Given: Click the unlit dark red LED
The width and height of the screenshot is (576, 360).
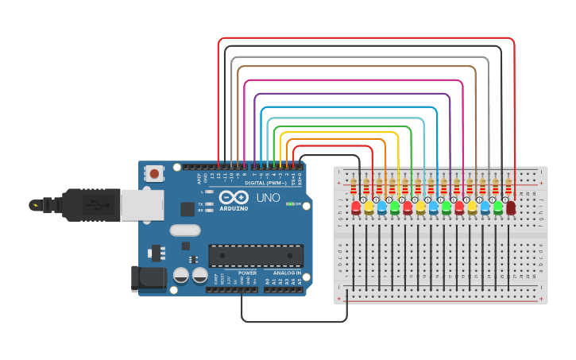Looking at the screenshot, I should pyautogui.click(x=510, y=207).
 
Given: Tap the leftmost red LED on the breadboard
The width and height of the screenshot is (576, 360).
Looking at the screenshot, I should pyautogui.click(x=356, y=208).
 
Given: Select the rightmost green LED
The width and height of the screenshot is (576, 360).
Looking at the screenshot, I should pyautogui.click(x=497, y=207).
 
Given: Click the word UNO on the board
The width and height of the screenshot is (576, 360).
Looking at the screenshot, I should pyautogui.click(x=269, y=196).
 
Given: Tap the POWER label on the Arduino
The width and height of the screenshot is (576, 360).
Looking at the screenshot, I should pyautogui.click(x=247, y=273).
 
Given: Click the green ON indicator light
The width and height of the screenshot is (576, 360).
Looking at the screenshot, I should pyautogui.click(x=290, y=203).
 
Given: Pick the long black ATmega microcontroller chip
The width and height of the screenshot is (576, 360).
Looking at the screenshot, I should pyautogui.click(x=256, y=255).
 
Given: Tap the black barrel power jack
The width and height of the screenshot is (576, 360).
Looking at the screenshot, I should pyautogui.click(x=149, y=278).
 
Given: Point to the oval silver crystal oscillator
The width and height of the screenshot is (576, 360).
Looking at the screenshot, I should pyautogui.click(x=185, y=230).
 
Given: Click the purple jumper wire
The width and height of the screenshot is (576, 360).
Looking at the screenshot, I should pyautogui.click(x=350, y=94).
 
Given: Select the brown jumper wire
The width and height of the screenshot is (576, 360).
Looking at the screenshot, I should pyautogui.click(x=358, y=68).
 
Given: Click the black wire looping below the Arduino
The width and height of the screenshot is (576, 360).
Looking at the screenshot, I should pyautogui.click(x=294, y=322).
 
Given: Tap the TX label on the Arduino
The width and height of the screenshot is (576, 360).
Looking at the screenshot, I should pyautogui.click(x=207, y=203).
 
